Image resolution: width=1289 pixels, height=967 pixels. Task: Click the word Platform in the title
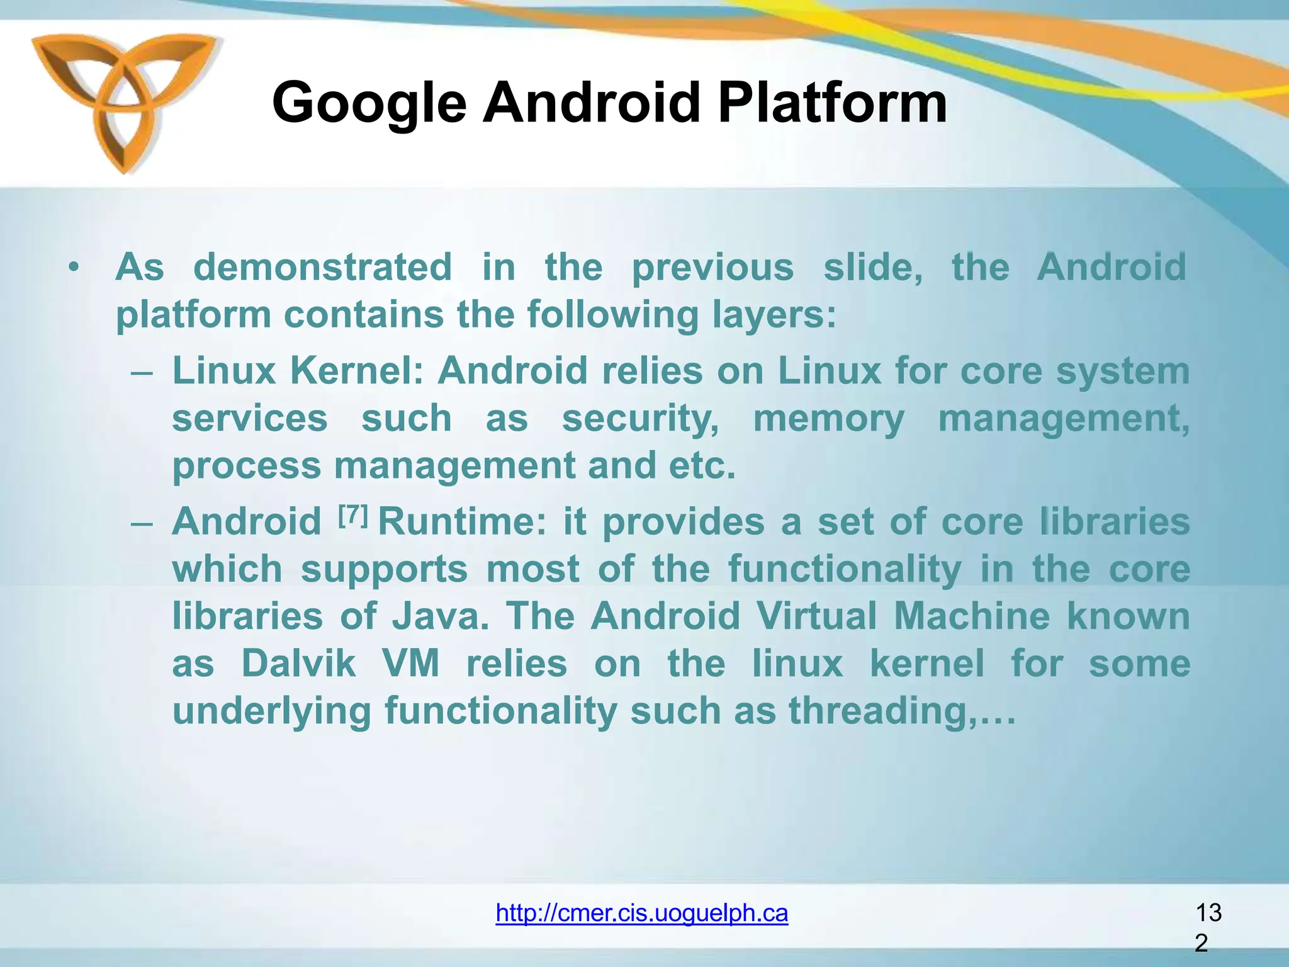point(832,103)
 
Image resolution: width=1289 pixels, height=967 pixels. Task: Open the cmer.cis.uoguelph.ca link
point(641,912)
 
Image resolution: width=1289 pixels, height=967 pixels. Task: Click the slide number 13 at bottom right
point(1208,912)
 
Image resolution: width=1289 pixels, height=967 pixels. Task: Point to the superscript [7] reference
point(352,516)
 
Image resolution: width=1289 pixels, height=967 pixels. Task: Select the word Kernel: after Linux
point(356,370)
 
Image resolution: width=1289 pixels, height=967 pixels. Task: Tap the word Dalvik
point(298,664)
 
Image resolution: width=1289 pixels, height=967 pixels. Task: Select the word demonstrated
point(322,267)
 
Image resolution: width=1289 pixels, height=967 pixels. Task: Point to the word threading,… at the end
point(902,711)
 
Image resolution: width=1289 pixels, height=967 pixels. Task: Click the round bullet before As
point(75,268)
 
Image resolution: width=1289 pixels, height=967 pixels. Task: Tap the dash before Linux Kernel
point(143,371)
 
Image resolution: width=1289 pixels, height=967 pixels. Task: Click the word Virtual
point(816,616)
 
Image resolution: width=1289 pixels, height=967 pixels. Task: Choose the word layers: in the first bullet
point(774,314)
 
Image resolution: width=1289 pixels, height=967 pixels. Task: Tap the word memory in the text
point(828,419)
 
